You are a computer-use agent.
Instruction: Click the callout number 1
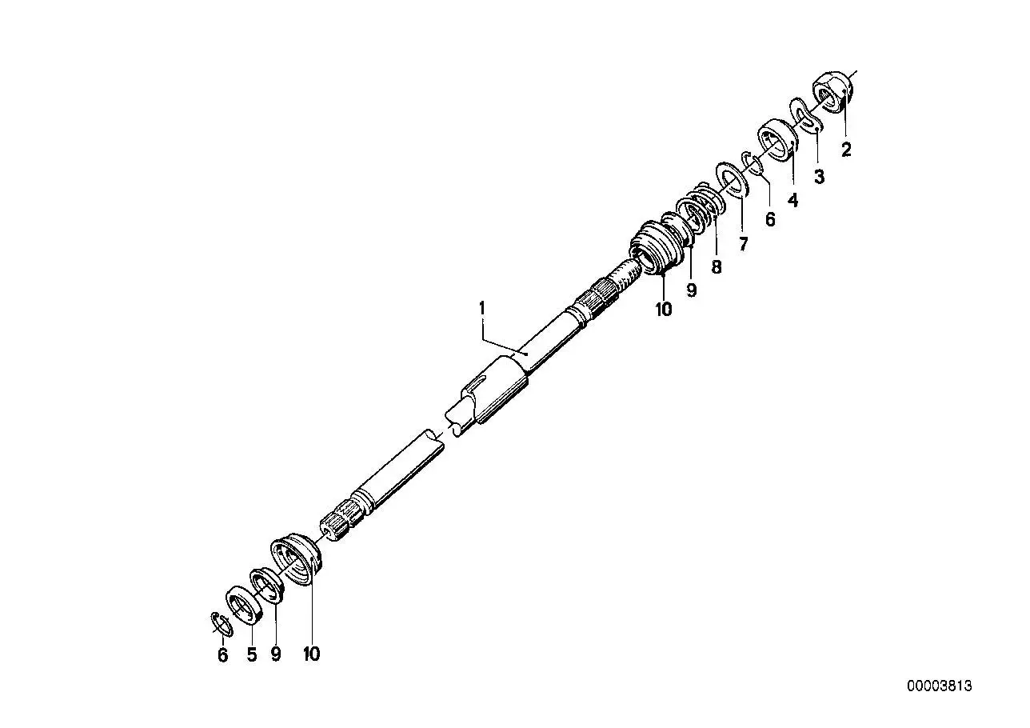[x=482, y=308]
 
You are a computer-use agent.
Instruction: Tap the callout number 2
[x=846, y=150]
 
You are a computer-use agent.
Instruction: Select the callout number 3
[x=820, y=177]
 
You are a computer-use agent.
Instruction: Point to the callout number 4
[x=793, y=200]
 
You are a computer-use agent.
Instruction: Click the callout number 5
[x=252, y=654]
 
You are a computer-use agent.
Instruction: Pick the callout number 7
[x=744, y=244]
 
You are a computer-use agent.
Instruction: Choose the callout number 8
[x=717, y=266]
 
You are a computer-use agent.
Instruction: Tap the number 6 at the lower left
[x=222, y=655]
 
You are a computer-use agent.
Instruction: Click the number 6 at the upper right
[x=770, y=219]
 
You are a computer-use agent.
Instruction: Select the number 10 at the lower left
[x=311, y=654]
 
